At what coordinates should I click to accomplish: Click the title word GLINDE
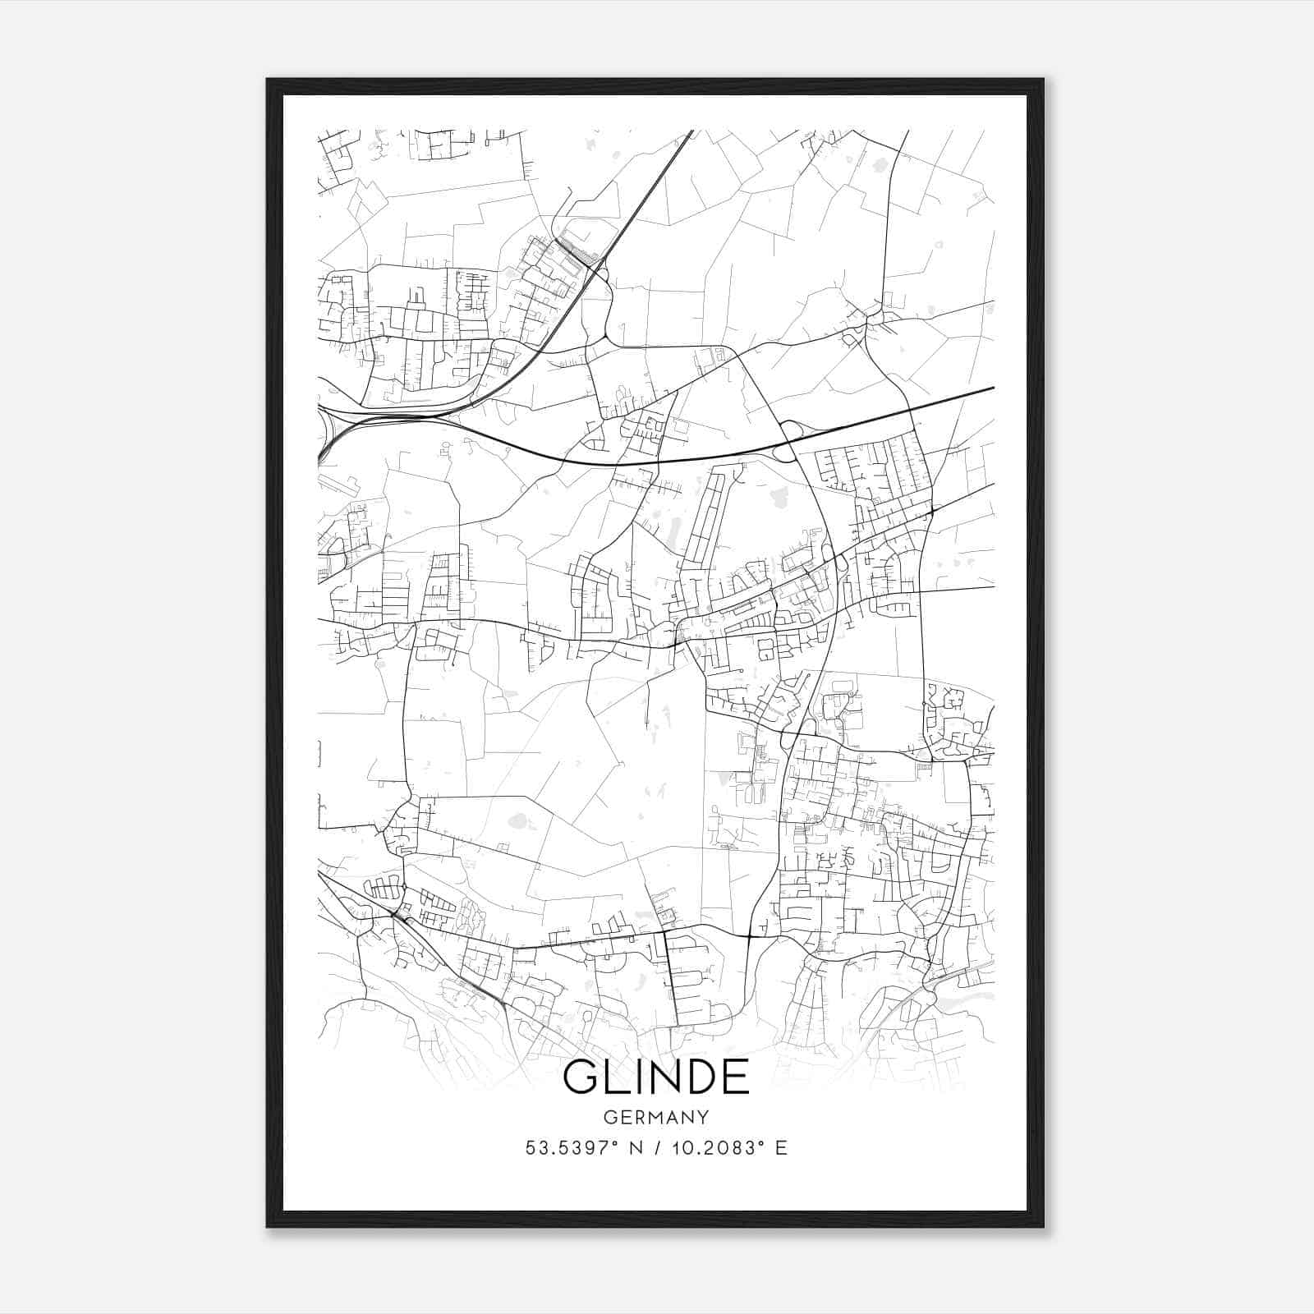point(655,1077)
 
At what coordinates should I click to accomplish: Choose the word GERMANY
point(655,1117)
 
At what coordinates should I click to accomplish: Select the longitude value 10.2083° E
point(728,1148)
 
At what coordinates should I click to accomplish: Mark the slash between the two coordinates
point(657,1148)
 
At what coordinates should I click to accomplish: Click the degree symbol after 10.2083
point(759,1143)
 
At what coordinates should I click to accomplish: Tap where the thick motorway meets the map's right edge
point(992,388)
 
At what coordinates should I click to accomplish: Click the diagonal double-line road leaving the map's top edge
point(688,134)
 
